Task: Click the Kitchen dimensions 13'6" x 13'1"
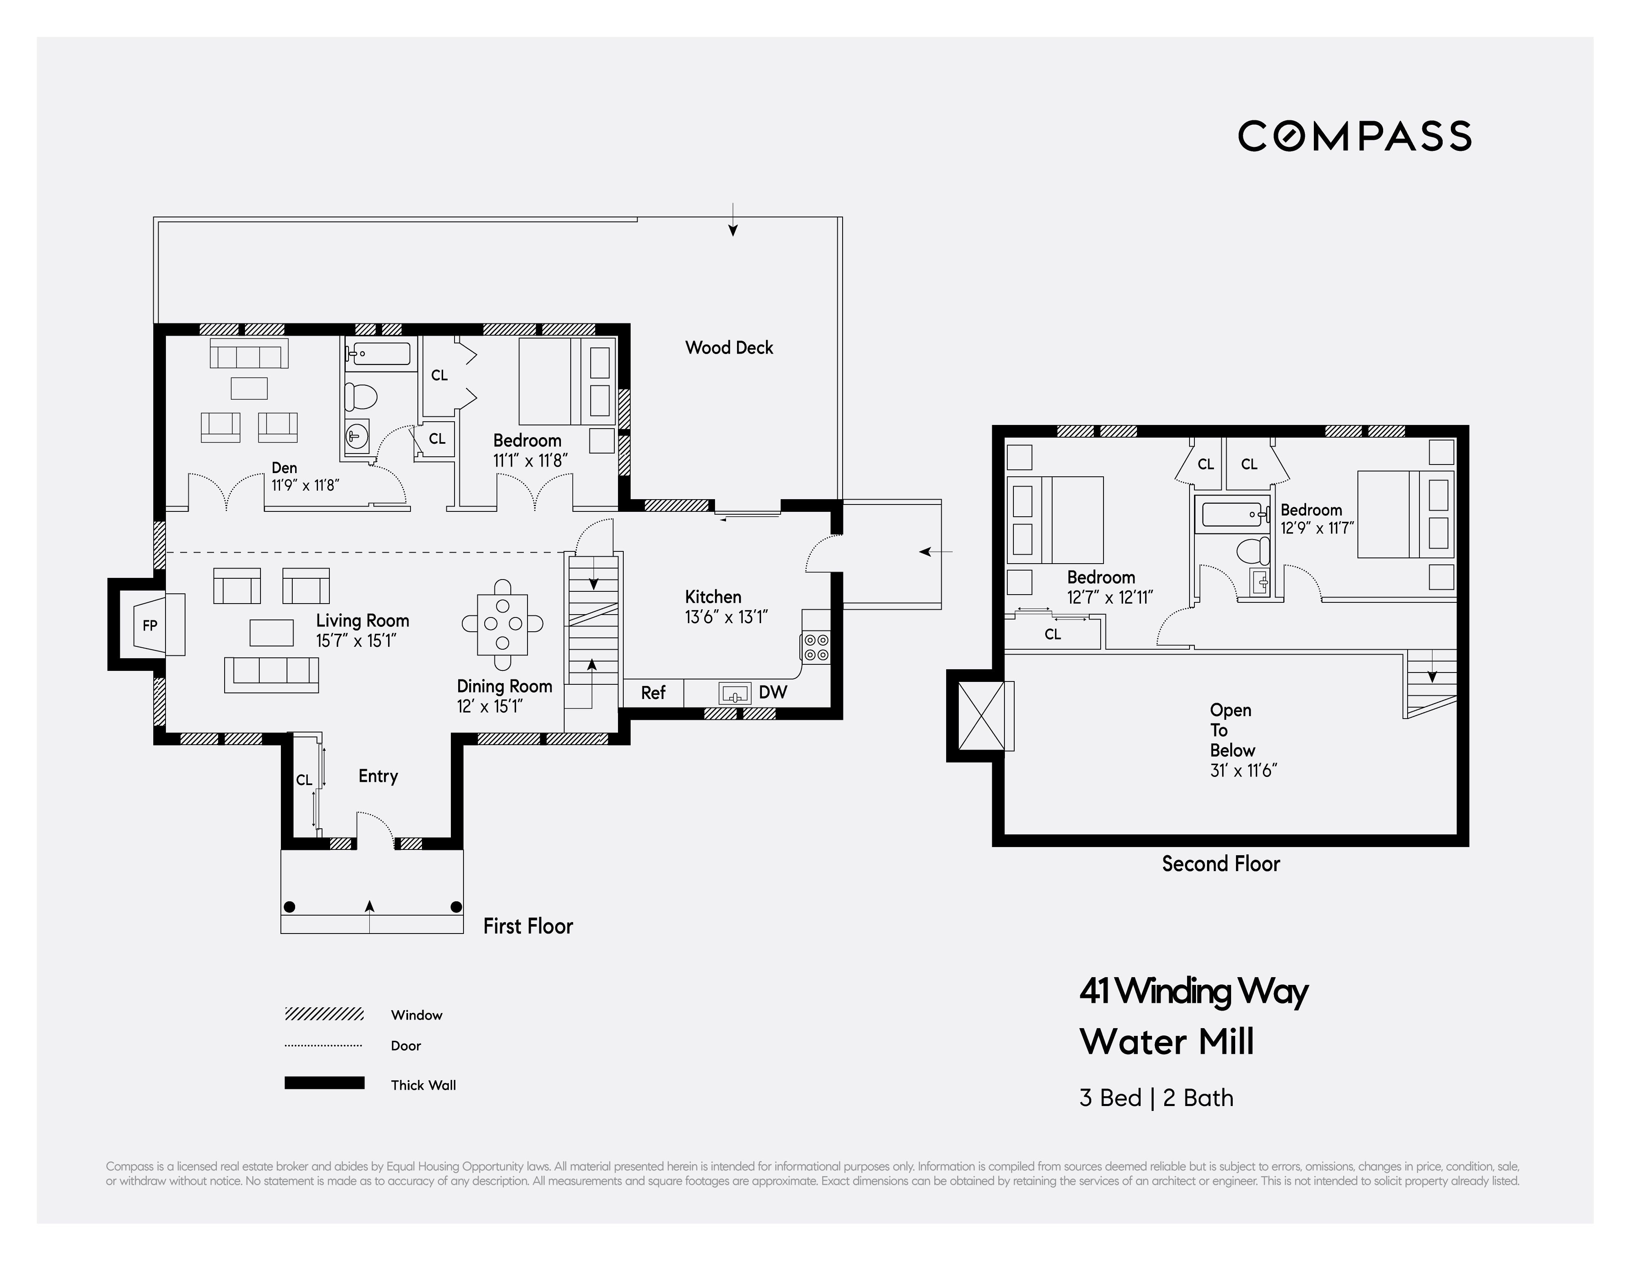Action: [726, 617]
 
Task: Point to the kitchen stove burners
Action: [815, 647]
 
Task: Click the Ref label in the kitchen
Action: [653, 692]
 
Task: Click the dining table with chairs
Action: [503, 624]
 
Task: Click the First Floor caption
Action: [528, 926]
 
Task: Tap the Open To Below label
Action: [1231, 730]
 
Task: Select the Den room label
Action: [284, 468]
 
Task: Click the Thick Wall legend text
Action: [423, 1085]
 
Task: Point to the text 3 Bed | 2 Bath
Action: [1156, 1097]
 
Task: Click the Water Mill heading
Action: [1167, 1041]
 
